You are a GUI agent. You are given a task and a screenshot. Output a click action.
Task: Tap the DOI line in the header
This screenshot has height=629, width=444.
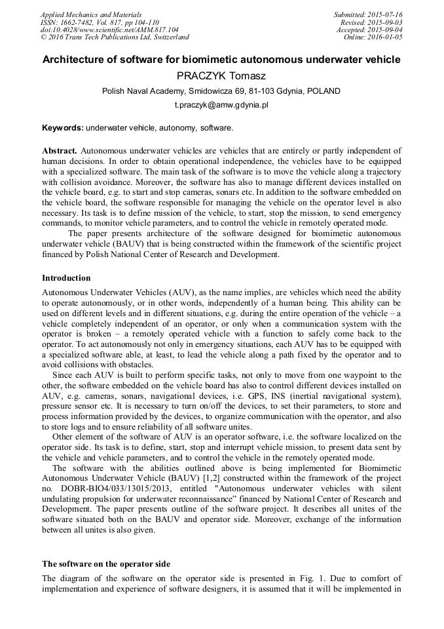[109, 30]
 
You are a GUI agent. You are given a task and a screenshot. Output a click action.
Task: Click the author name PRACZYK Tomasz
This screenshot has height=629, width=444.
[221, 76]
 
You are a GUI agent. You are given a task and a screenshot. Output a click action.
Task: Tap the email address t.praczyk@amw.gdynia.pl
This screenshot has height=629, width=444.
[221, 105]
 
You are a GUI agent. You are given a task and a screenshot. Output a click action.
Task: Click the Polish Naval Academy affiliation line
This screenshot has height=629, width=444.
[221, 91]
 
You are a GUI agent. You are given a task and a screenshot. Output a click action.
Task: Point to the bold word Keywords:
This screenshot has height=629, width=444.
[63, 127]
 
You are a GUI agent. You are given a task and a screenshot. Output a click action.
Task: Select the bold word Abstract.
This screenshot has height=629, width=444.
[60, 150]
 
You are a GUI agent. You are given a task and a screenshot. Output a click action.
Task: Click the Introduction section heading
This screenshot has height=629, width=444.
[66, 278]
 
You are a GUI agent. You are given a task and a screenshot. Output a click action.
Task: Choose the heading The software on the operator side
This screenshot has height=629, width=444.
[106, 564]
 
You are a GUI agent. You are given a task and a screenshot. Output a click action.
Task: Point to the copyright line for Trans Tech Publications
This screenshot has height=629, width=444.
[115, 37]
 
